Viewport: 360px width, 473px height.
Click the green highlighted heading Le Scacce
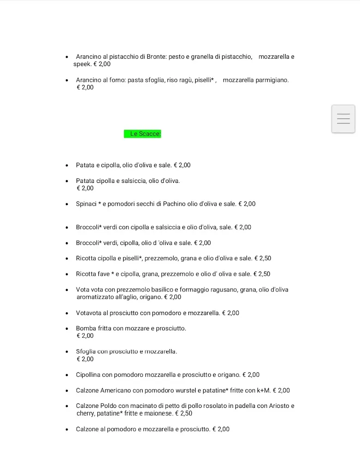point(143,134)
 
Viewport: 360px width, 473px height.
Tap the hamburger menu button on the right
point(343,119)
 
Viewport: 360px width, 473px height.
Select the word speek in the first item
point(82,64)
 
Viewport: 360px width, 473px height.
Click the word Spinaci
point(86,204)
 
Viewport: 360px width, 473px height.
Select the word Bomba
point(85,328)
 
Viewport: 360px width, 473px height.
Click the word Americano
point(116,390)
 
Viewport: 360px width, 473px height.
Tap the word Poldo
point(108,406)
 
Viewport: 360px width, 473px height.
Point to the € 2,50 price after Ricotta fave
point(262,274)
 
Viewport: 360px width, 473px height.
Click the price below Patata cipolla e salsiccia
point(85,188)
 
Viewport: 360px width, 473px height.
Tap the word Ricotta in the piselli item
point(86,258)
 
